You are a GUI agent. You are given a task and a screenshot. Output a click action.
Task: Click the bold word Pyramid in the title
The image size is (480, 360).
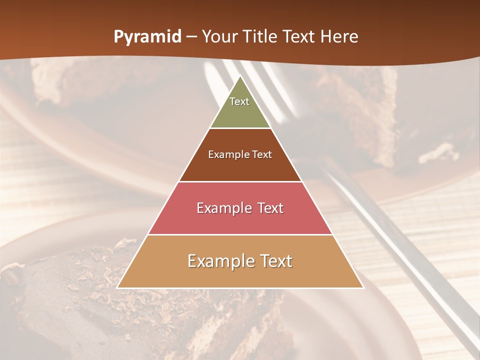(147, 37)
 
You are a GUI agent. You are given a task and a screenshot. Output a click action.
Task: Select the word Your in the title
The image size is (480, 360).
(220, 37)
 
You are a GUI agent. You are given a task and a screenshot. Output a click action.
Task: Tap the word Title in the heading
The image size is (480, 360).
(260, 37)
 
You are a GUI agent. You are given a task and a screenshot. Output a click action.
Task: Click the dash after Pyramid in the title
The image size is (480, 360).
(191, 37)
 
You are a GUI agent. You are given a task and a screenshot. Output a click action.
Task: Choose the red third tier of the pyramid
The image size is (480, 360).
(240, 220)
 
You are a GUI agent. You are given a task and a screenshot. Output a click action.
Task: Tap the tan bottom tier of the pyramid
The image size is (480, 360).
(240, 275)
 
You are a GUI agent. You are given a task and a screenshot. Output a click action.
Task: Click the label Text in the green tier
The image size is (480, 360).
(239, 101)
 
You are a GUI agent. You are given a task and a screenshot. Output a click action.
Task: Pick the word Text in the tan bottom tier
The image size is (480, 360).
(275, 261)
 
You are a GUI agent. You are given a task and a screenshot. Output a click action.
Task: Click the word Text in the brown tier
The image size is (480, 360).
(262, 155)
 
